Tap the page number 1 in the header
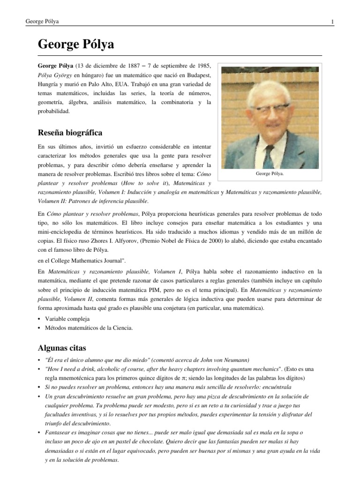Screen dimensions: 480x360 click(x=332, y=22)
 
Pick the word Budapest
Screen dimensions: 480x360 click(x=199, y=75)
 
